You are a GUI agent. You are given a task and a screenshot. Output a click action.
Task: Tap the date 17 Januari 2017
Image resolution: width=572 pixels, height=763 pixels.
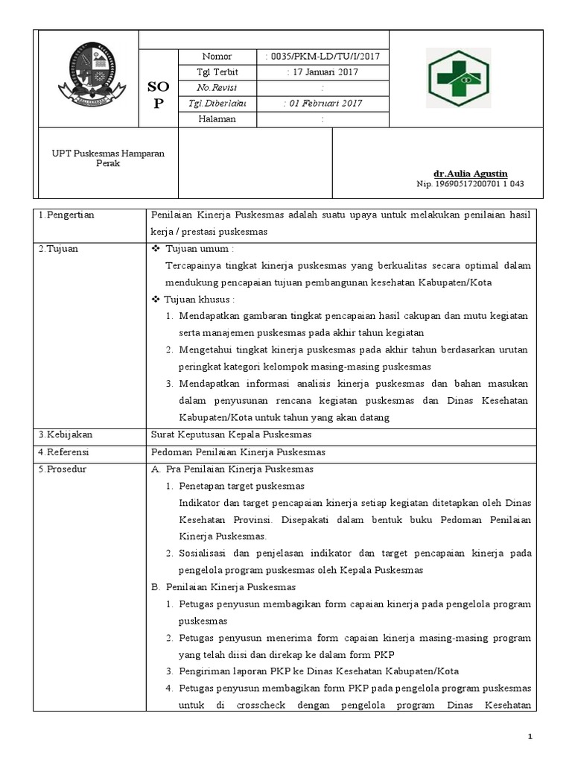pyautogui.click(x=322, y=72)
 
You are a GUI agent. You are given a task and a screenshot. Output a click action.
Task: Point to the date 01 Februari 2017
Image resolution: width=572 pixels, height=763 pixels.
pyautogui.click(x=322, y=104)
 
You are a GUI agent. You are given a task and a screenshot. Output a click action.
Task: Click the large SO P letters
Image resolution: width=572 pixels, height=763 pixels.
pyautogui.click(x=157, y=95)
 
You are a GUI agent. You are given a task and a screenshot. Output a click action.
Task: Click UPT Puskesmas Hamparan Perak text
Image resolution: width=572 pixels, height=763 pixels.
pyautogui.click(x=109, y=158)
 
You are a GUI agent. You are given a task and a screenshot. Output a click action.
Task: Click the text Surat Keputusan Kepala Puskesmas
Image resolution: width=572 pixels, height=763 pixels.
pyautogui.click(x=232, y=434)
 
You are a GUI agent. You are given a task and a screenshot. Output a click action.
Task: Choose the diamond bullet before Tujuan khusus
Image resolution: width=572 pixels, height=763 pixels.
pyautogui.click(x=156, y=300)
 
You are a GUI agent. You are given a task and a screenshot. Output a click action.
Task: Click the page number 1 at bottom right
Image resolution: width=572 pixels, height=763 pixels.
pyautogui.click(x=530, y=737)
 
